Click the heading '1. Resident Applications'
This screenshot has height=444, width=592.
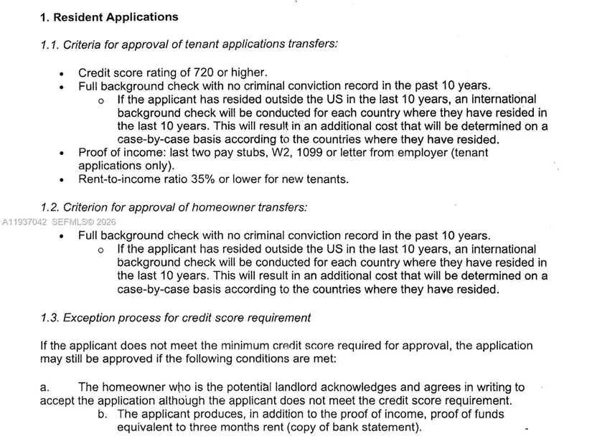[x=109, y=16]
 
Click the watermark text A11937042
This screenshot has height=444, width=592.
[x=24, y=222]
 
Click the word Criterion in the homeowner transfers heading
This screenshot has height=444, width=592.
[x=89, y=207]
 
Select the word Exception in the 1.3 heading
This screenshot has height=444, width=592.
[x=90, y=317]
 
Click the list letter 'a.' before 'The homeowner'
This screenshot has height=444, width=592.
[x=44, y=387]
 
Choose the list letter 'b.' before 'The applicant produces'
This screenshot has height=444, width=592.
[x=103, y=414]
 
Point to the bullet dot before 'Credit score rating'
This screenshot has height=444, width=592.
[x=62, y=73]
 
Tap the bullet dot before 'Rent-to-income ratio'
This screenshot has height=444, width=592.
[x=62, y=180]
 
